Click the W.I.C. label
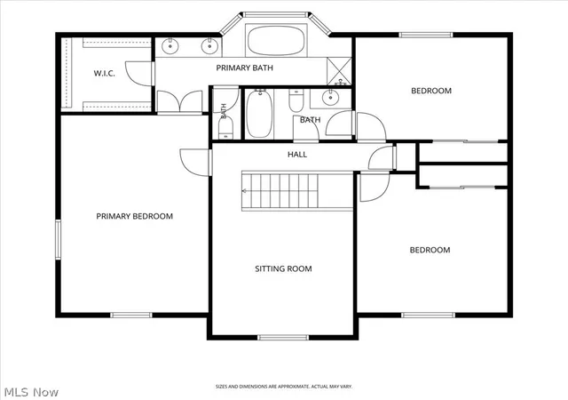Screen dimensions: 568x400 (x=105, y=73)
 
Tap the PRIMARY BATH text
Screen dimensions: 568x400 (x=245, y=68)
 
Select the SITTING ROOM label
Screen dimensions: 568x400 (x=283, y=269)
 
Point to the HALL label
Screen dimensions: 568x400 (x=297, y=155)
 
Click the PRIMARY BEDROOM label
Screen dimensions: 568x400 (x=134, y=216)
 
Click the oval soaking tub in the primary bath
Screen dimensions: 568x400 (x=276, y=40)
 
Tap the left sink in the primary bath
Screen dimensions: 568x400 (x=170, y=46)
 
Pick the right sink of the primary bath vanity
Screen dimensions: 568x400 (x=209, y=46)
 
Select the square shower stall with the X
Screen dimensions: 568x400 (x=339, y=71)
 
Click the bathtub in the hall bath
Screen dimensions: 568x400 (x=259, y=114)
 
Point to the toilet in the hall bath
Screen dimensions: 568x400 (x=296, y=100)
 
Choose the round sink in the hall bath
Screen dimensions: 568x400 (x=330, y=97)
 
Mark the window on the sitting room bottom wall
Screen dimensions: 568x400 (x=283, y=338)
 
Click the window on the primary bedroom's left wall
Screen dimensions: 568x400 (x=58, y=240)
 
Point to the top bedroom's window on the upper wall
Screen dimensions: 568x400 (x=426, y=35)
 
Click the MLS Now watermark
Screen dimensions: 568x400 (x=31, y=392)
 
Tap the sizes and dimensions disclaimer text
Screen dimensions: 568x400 (x=284, y=387)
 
